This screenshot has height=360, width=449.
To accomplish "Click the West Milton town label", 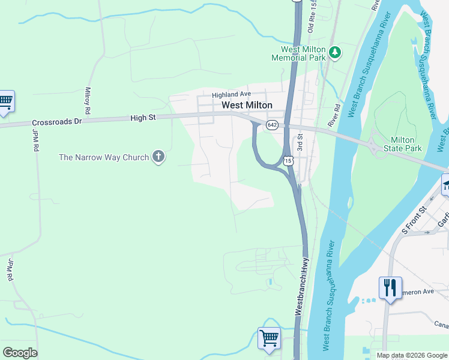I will point(247,105).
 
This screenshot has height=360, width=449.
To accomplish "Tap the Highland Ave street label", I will point(231,95).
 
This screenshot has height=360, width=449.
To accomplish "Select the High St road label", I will point(143,118).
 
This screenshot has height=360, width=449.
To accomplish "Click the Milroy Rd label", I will point(88,101).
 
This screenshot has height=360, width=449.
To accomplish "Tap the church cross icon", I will point(158,157).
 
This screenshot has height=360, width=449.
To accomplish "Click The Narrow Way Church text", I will point(104,158).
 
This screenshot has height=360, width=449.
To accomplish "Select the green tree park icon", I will point(335,53).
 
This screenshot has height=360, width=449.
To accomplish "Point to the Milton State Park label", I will point(406,144).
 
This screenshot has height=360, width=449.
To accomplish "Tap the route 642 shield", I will point(272,125).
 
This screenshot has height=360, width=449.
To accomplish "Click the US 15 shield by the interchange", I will point(289,161).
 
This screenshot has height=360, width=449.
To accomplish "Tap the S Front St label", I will point(413,220).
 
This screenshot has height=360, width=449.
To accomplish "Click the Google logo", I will point(20,352).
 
